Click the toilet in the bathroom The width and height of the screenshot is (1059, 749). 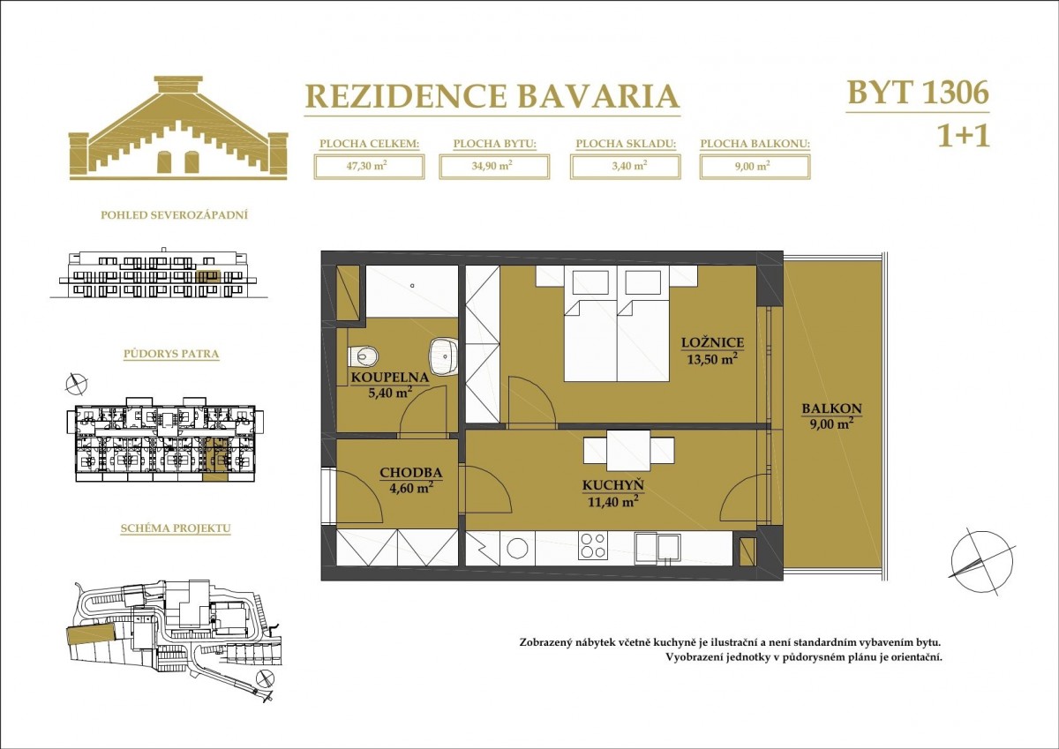[x=363, y=356]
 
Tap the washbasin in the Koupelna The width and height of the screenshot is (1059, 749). [x=443, y=356]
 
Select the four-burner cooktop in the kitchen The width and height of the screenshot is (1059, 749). [x=593, y=545]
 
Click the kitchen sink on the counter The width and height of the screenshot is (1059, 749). [x=657, y=548]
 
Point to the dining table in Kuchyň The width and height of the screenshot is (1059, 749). [x=628, y=450]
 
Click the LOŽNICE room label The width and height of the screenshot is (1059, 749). [x=712, y=343]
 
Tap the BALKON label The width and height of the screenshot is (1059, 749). [x=831, y=408]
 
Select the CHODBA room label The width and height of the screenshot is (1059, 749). [x=411, y=473]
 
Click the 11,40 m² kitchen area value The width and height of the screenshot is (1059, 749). [x=612, y=501]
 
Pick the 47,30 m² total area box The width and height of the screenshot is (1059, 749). [x=369, y=167]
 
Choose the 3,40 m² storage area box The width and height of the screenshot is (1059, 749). [x=626, y=167]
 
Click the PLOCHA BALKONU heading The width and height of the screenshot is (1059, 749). [x=755, y=144]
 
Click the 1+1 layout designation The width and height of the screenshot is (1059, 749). [x=963, y=137]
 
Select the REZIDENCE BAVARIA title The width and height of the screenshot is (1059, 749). [x=492, y=96]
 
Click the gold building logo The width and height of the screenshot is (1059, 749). [x=178, y=128]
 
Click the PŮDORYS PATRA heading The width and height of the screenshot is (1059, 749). [x=171, y=354]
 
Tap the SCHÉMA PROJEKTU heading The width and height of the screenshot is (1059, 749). [x=176, y=528]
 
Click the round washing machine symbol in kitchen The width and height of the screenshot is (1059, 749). [x=517, y=549]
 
